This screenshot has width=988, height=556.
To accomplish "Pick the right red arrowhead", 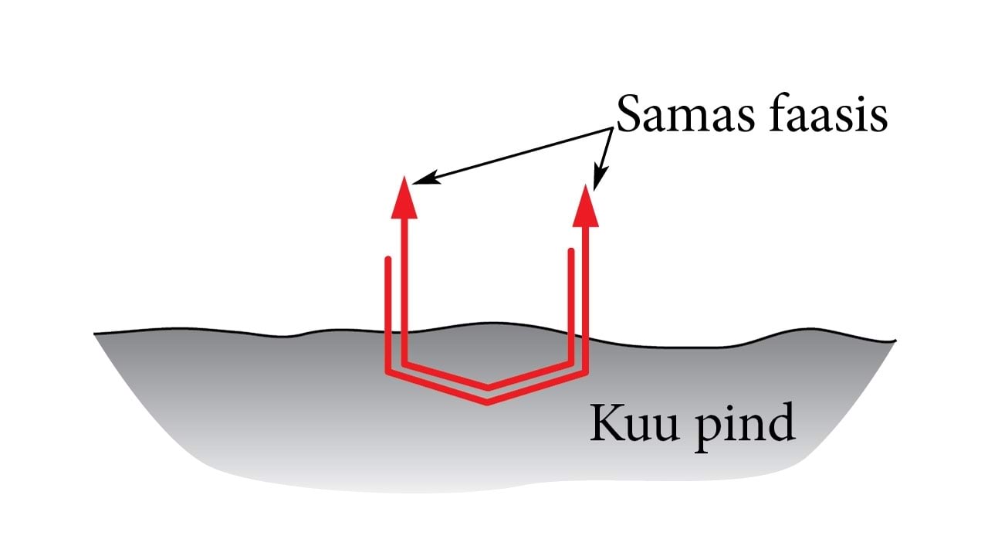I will click(x=587, y=205).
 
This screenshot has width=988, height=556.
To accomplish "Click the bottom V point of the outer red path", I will click(x=488, y=402).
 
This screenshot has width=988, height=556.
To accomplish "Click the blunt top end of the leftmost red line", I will click(x=388, y=259).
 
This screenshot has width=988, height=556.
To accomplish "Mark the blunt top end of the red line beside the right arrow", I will click(x=571, y=250).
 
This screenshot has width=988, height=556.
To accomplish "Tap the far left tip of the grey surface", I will click(x=96, y=334).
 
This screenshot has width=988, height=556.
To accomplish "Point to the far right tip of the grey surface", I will click(x=895, y=341).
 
